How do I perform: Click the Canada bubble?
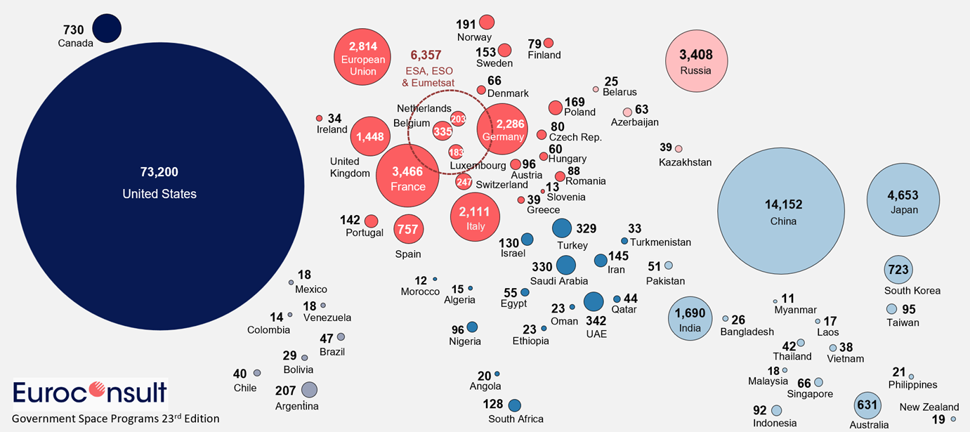(x=107, y=29)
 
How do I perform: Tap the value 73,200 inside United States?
(x=159, y=172)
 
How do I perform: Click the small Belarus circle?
(x=596, y=89)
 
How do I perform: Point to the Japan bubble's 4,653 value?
(x=903, y=196)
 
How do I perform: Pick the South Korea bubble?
(x=898, y=270)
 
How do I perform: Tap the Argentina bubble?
(x=309, y=389)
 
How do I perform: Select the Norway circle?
(x=487, y=22)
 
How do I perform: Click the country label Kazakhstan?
(x=685, y=162)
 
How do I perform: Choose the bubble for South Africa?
(x=514, y=405)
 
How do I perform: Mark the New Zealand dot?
(x=953, y=419)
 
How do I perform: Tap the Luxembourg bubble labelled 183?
(x=456, y=152)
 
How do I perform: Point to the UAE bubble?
(x=594, y=301)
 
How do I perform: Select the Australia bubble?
(x=867, y=405)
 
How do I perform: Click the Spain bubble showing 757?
(x=407, y=229)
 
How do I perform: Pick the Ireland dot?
(x=319, y=118)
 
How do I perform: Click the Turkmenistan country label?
(x=660, y=242)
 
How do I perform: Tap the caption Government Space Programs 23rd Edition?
(x=116, y=419)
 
